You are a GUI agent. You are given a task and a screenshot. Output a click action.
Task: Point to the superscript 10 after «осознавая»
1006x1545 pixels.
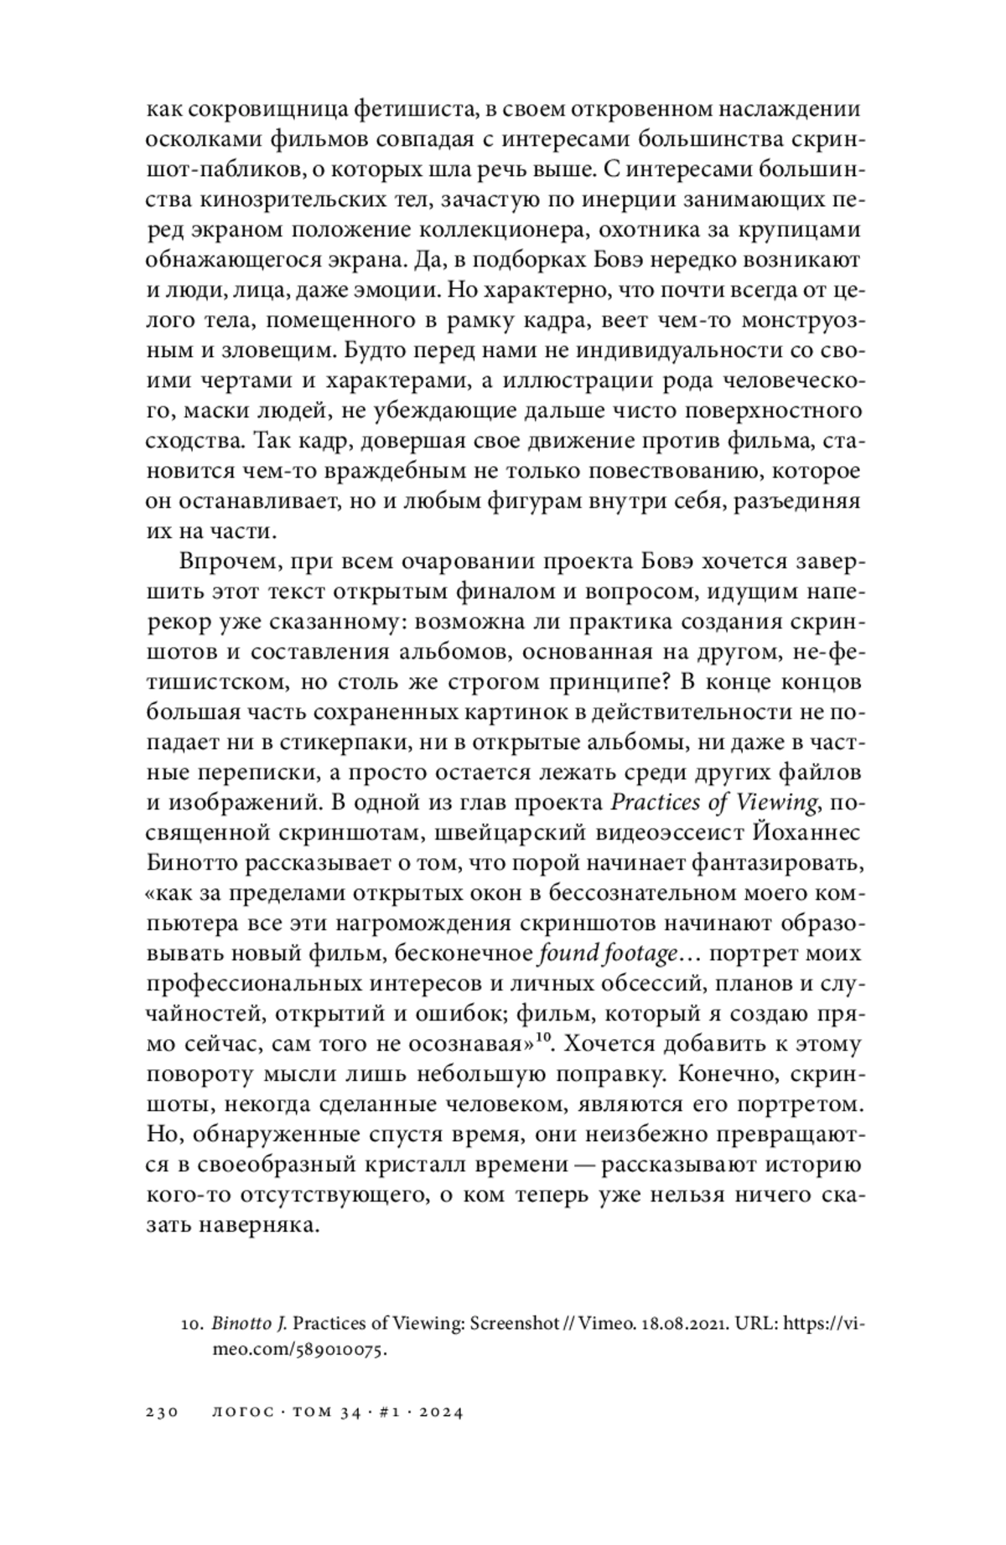[542, 1039]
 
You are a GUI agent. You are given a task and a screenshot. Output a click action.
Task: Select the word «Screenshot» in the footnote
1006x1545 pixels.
[514, 1325]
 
